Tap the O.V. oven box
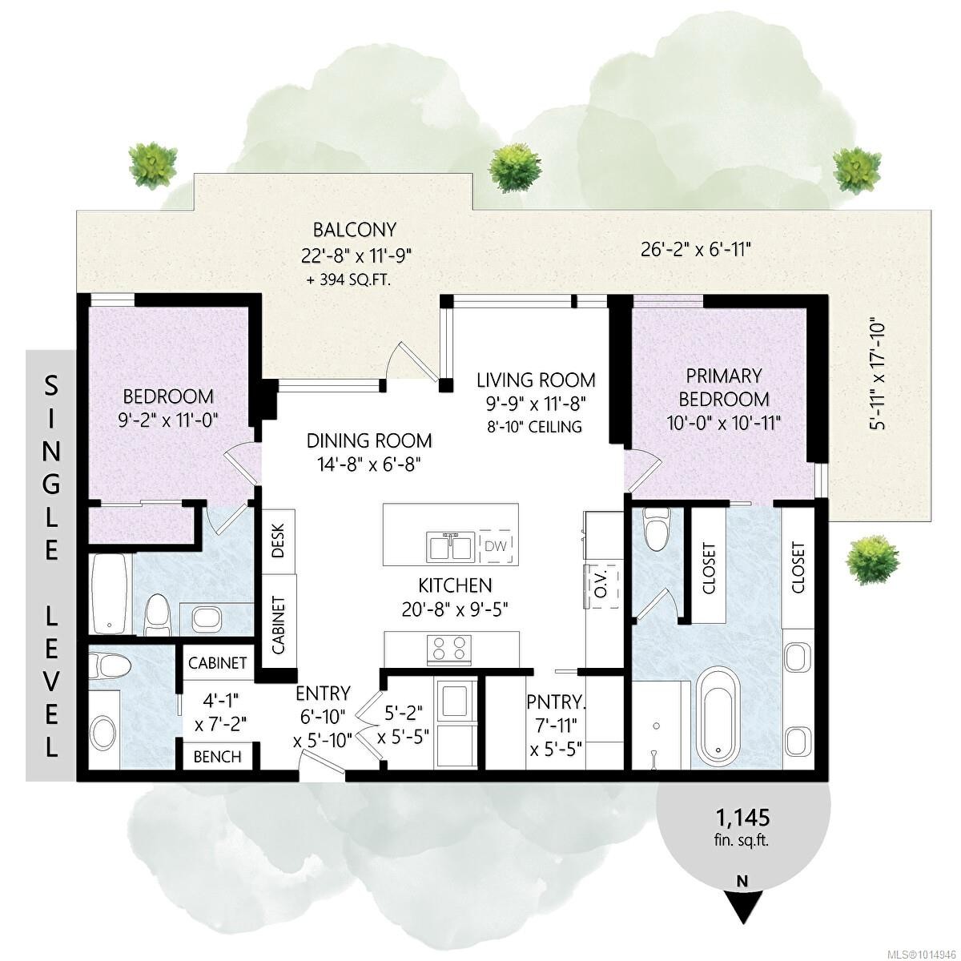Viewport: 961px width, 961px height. point(600,586)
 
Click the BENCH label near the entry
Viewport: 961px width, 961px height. point(218,756)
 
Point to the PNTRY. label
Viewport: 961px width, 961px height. point(557,702)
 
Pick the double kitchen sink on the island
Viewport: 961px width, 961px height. point(449,547)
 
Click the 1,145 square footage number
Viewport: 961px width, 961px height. point(742,818)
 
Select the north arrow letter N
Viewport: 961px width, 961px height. point(742,881)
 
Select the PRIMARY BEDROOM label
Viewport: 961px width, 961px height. point(724,387)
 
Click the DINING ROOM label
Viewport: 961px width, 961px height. point(369,440)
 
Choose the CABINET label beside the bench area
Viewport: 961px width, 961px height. point(217,663)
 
